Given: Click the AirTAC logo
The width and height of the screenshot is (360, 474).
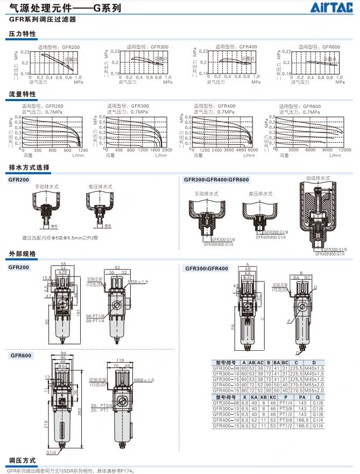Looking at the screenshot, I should click(336, 7).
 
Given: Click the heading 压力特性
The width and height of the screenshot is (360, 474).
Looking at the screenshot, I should click(23, 34).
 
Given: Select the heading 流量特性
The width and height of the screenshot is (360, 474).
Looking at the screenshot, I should click(23, 94).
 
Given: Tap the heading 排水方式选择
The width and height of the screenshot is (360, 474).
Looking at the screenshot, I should click(30, 167).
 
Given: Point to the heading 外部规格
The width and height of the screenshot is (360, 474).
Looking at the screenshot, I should click(23, 253).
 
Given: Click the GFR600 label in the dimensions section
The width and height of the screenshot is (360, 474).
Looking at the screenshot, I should click(20, 355).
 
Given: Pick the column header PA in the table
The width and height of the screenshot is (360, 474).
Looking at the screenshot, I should click(302, 397).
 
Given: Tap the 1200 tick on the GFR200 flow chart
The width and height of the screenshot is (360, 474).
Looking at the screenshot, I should click(82, 151).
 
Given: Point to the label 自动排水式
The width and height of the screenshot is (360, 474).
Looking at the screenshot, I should click(317, 178).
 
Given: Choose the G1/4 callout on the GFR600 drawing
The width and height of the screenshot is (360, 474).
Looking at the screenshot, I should click(51, 452).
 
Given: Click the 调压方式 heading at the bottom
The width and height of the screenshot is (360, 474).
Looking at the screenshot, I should click(23, 461).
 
